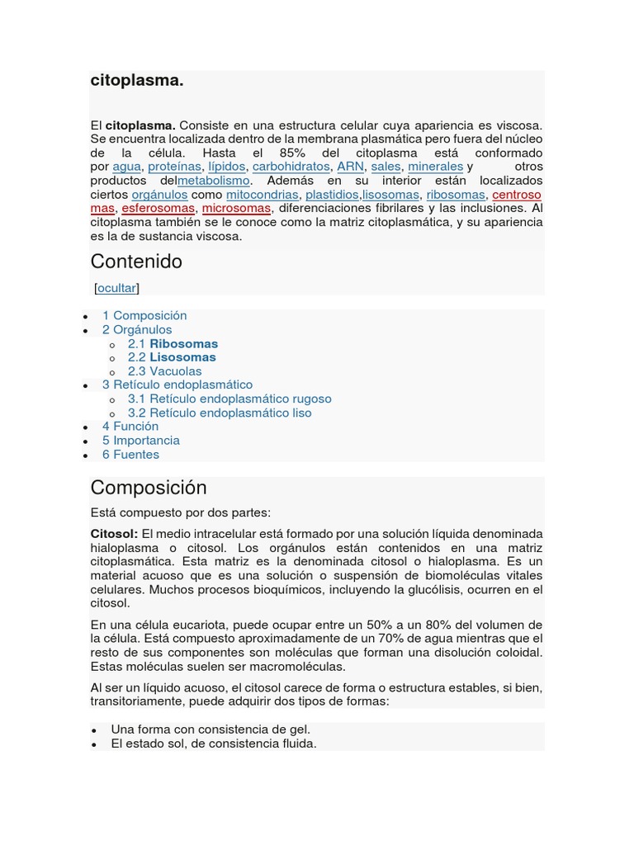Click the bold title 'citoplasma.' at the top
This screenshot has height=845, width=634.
point(136,81)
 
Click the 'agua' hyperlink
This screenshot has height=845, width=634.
point(126,167)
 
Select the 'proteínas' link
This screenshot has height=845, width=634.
point(174,167)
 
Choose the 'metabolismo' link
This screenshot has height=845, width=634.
point(214,181)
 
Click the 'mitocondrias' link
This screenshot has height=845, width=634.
point(263,195)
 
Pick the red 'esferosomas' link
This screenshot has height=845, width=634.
point(158,209)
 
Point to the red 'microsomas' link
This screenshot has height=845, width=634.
point(236,209)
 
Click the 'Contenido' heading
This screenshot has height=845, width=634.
point(136,262)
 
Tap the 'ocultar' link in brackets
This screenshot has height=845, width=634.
point(116,288)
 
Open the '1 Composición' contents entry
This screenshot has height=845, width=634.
point(144,316)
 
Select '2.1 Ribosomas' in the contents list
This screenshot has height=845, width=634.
point(173,344)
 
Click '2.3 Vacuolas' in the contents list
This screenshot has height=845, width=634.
point(164,371)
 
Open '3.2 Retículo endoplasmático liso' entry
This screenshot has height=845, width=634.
point(220,413)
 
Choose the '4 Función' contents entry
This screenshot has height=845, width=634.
point(130,427)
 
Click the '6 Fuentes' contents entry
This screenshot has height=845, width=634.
point(130,455)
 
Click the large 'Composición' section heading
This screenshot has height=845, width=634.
point(149,488)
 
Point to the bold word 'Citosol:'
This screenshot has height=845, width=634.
point(114,535)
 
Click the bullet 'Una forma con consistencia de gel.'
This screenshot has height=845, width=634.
point(211,729)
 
